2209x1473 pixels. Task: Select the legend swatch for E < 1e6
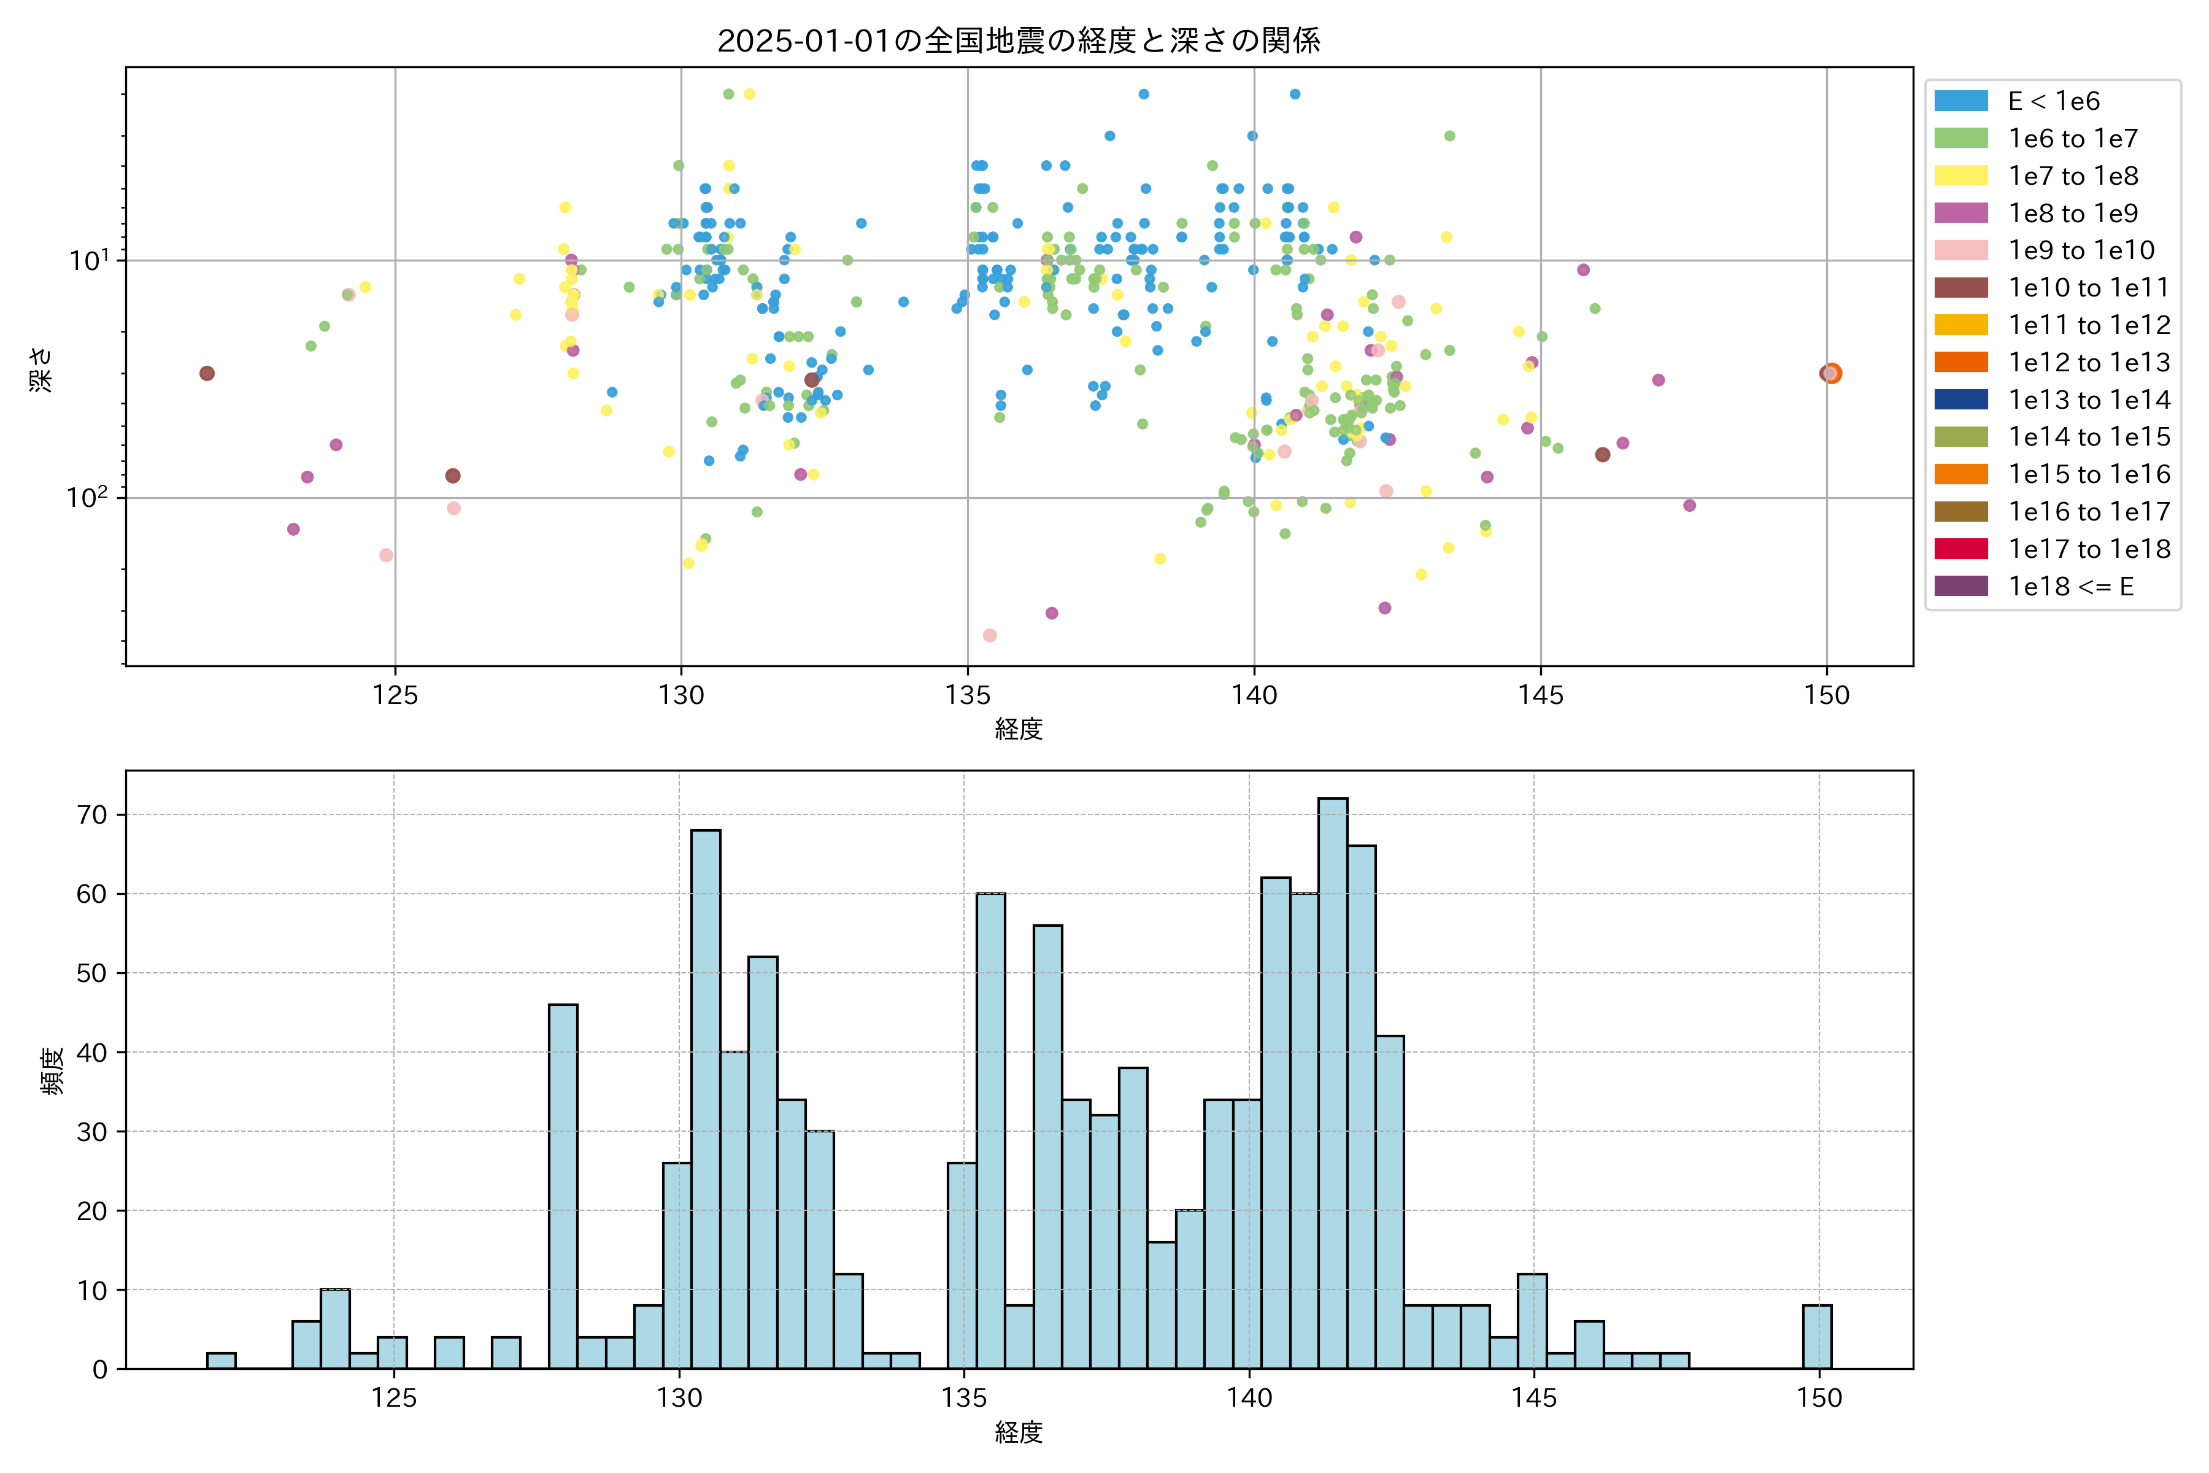click(1961, 101)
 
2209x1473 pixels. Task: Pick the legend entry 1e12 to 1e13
click(2089, 363)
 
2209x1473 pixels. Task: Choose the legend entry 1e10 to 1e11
click(2088, 287)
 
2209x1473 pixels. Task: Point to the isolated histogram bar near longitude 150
click(1816, 1336)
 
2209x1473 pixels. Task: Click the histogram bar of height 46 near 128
click(563, 1186)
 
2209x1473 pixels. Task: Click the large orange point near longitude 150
click(1832, 374)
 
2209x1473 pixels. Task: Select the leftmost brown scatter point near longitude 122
click(207, 374)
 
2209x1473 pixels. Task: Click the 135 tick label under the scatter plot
click(968, 695)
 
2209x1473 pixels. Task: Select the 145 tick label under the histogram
click(1533, 1398)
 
